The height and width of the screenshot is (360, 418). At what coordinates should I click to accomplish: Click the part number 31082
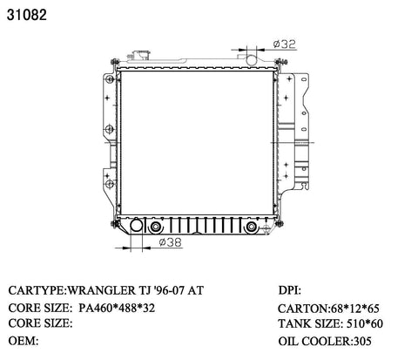(27, 15)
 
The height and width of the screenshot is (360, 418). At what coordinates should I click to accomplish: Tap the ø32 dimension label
(284, 44)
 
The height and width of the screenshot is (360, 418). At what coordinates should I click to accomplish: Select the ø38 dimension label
(171, 241)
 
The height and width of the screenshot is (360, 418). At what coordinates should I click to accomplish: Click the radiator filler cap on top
(141, 55)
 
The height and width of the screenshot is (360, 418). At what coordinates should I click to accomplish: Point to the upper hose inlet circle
(252, 59)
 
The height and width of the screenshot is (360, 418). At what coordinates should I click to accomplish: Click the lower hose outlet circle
(136, 226)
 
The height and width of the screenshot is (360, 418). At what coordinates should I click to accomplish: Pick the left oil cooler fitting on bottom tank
(156, 227)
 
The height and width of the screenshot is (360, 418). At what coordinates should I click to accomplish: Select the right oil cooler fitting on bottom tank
(251, 227)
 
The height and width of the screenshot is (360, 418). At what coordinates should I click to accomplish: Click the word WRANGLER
(101, 290)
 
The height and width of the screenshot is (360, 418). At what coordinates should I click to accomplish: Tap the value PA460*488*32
(117, 308)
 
